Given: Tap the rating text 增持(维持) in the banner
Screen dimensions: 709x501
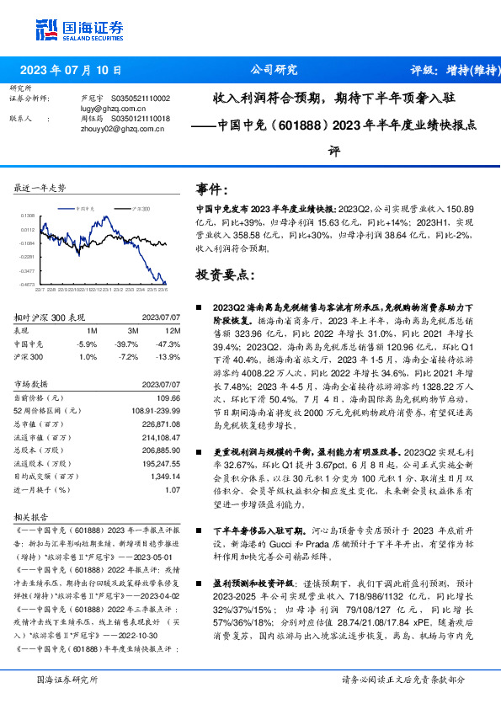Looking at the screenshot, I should coord(459,70).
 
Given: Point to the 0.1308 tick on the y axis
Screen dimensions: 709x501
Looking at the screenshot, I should coord(27,216).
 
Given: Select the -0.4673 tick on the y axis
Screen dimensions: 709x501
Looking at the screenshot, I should coord(27,285).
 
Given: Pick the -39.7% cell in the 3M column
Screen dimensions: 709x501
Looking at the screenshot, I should coord(127,344).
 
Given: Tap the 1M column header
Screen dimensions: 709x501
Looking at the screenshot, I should coord(91,332).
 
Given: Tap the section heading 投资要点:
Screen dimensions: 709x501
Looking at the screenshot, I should coord(222,275).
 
